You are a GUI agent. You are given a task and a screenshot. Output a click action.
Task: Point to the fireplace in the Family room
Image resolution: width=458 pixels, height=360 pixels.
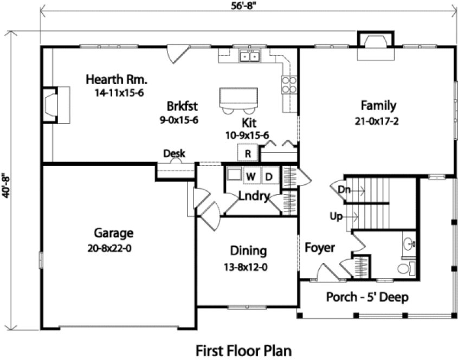pos(375,43)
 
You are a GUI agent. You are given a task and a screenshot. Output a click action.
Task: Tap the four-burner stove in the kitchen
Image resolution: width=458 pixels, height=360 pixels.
pos(289,85)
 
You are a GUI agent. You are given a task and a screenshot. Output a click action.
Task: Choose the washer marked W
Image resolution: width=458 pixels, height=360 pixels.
pos(251,176)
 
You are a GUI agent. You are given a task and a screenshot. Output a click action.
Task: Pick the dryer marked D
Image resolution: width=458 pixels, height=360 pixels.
pos(268,176)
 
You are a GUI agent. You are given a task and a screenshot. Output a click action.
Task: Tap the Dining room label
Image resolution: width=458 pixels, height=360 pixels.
pos(248,251)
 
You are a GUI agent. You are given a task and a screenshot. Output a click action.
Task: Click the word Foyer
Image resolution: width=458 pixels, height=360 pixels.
pos(319,248)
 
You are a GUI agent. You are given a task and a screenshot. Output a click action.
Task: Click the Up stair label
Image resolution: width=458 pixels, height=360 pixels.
pos(336,217)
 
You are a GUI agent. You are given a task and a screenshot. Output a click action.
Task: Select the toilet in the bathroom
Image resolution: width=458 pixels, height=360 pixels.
pos(404,268)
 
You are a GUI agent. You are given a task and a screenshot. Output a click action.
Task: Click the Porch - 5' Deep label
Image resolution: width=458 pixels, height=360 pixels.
pos(367,297)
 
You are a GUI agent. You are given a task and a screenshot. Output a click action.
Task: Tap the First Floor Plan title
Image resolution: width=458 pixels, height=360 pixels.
pos(243,348)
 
